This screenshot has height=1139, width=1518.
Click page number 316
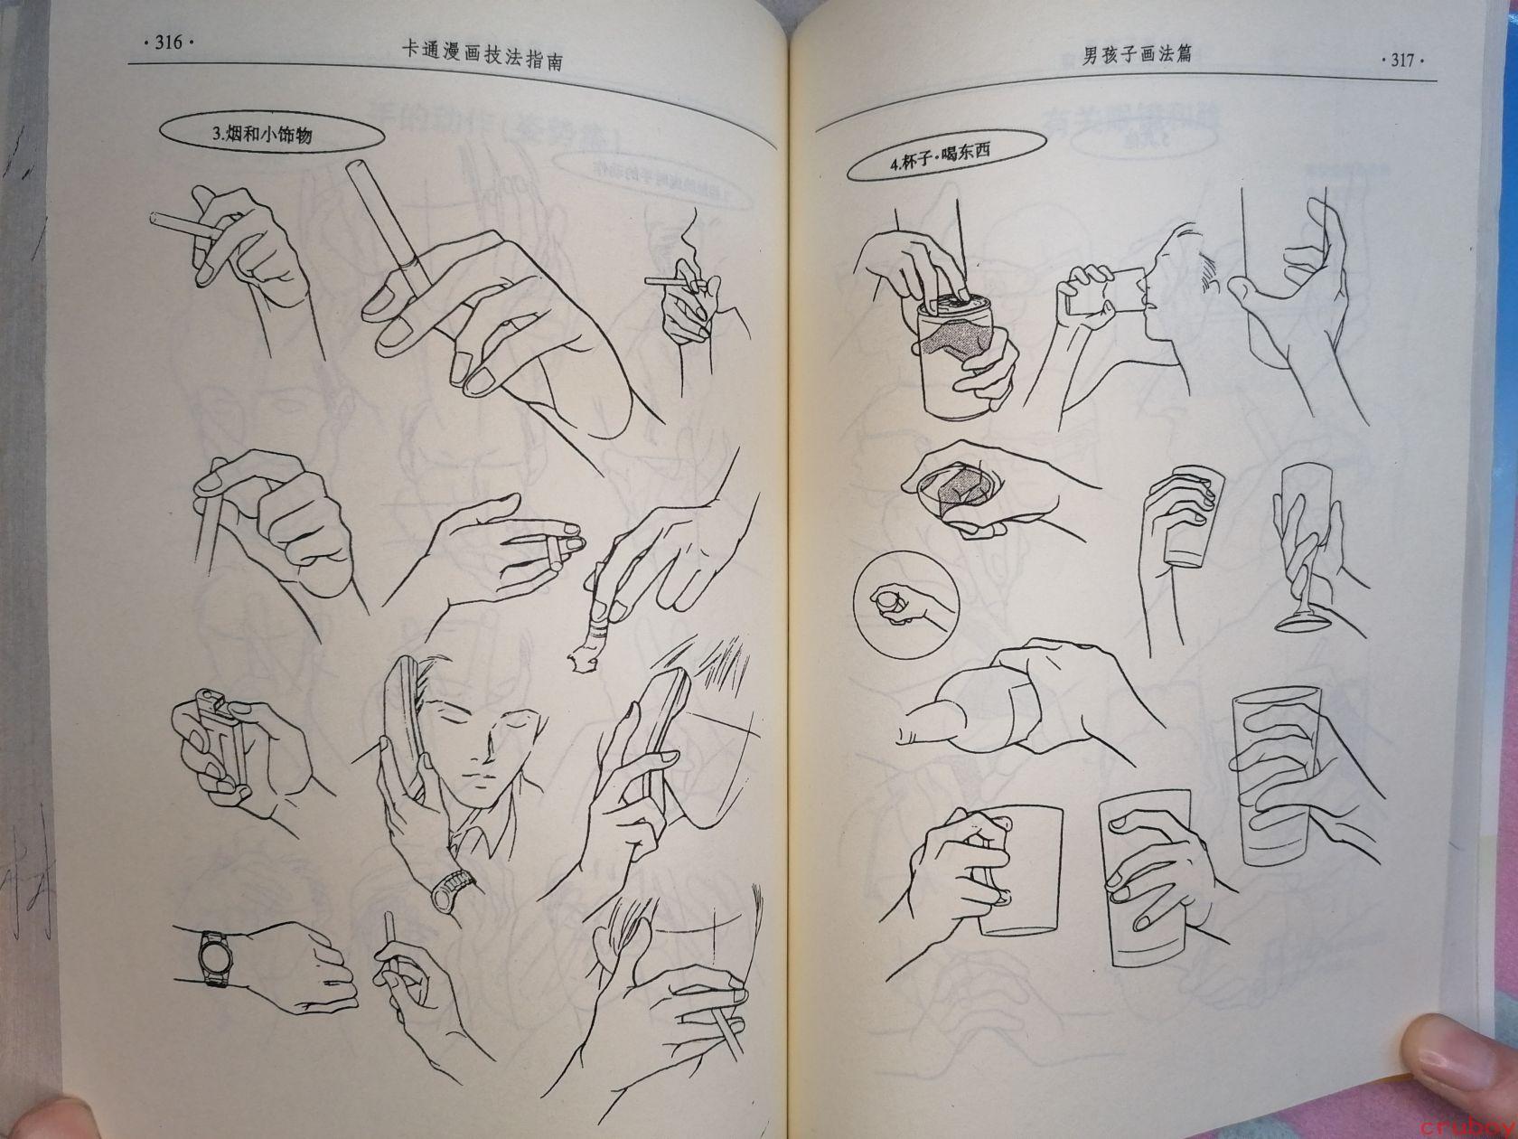(x=168, y=42)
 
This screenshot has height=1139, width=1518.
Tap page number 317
(x=1401, y=61)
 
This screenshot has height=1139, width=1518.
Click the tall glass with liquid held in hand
(x=1276, y=775)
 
